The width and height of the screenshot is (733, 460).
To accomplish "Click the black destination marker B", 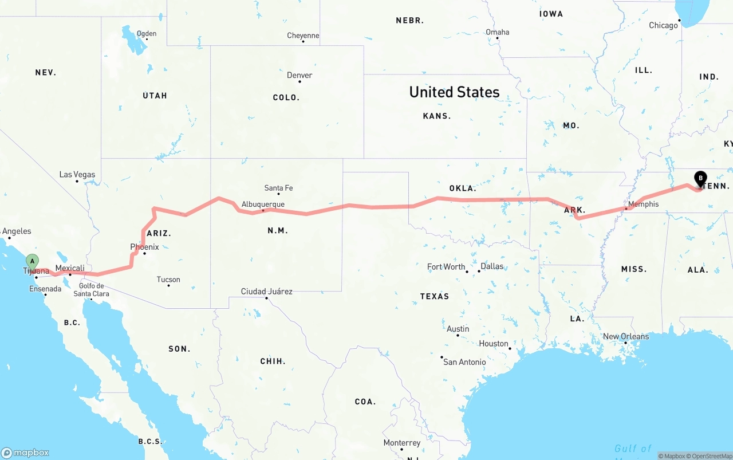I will [700, 179].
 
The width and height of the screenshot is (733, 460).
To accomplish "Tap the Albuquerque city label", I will [263, 204].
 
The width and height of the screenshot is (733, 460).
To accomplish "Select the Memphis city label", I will [643, 204].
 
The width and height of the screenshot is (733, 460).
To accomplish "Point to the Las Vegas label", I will [77, 175].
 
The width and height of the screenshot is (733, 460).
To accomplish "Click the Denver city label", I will [299, 75].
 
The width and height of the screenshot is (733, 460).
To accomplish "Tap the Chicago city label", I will [663, 25].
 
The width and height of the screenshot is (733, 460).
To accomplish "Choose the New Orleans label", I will [626, 336].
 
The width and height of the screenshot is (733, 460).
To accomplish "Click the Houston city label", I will [494, 344].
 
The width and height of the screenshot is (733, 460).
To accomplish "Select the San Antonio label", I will [464, 362].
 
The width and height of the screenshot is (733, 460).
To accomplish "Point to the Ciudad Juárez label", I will [266, 292].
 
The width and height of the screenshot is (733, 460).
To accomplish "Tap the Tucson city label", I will [168, 280].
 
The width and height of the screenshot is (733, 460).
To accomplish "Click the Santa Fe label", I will [278, 188].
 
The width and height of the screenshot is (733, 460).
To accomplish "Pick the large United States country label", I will [454, 92].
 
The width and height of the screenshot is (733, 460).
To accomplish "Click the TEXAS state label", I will [435, 296].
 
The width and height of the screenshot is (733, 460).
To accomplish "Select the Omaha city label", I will [497, 32].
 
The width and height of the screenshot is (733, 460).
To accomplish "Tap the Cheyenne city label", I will [303, 36].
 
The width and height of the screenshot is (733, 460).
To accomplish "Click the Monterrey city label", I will [401, 443].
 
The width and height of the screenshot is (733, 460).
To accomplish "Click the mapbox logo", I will [25, 453].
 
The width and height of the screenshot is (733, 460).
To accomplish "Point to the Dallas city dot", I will [479, 271].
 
